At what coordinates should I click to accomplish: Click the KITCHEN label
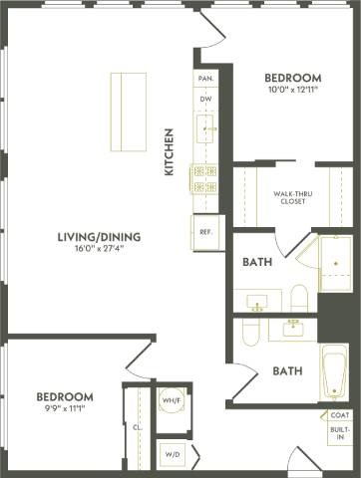pyautogui.click(x=170, y=151)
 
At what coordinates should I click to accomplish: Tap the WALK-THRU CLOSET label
pyautogui.click(x=288, y=197)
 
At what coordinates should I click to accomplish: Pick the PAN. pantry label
pyautogui.click(x=205, y=78)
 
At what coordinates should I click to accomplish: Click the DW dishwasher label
pyautogui.click(x=205, y=100)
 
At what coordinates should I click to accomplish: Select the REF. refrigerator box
pyautogui.click(x=206, y=232)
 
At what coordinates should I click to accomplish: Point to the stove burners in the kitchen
pyautogui.click(x=205, y=179)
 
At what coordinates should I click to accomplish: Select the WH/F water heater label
pyautogui.click(x=171, y=400)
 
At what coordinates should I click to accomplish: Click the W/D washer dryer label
pyautogui.click(x=171, y=454)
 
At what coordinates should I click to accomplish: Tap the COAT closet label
pyautogui.click(x=339, y=416)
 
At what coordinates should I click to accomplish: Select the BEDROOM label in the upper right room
pyautogui.click(x=293, y=78)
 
